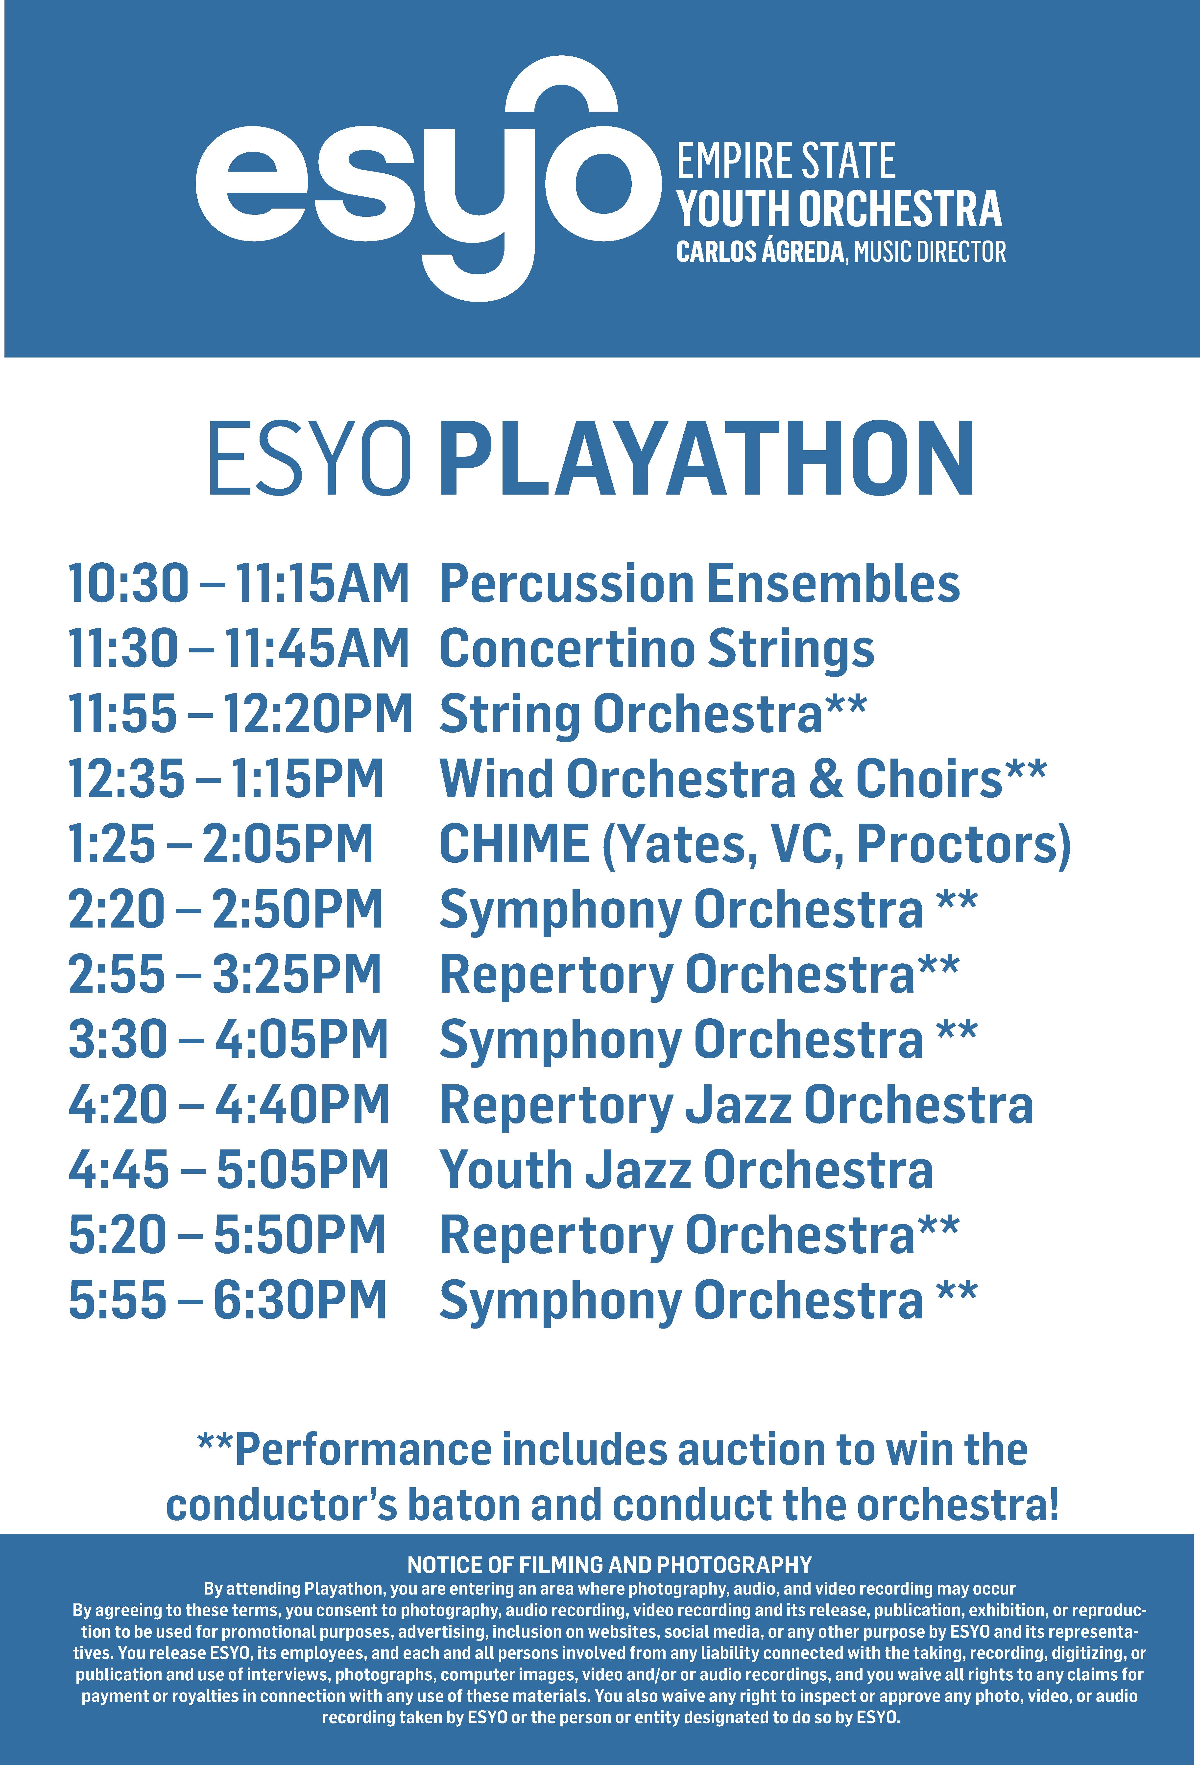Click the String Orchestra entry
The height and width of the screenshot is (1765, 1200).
coord(653,716)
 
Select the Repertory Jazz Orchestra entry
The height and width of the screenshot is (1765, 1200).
coord(736,1105)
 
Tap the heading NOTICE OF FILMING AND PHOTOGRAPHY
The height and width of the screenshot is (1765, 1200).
coord(609,1565)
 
